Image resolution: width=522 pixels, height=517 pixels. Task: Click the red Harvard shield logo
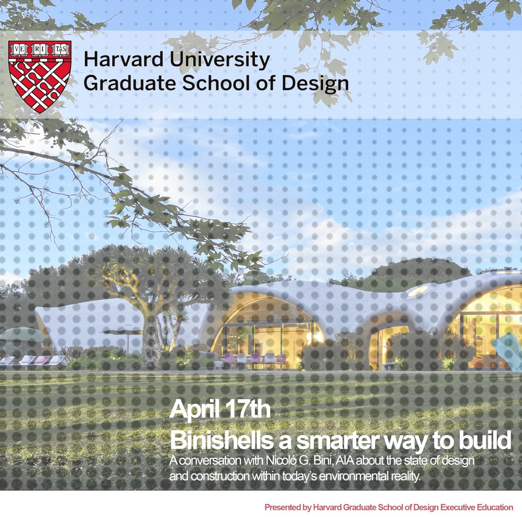pyautogui.click(x=40, y=77)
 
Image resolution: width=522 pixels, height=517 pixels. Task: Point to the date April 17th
pyautogui.click(x=220, y=410)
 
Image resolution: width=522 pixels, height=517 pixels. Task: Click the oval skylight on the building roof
pyautogui.click(x=418, y=291)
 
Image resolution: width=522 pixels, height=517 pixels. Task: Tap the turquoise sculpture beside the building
pyautogui.click(x=507, y=350)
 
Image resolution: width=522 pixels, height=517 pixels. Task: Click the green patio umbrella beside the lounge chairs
pyautogui.click(x=24, y=335)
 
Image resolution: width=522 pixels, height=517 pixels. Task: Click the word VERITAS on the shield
pyautogui.click(x=40, y=48)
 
